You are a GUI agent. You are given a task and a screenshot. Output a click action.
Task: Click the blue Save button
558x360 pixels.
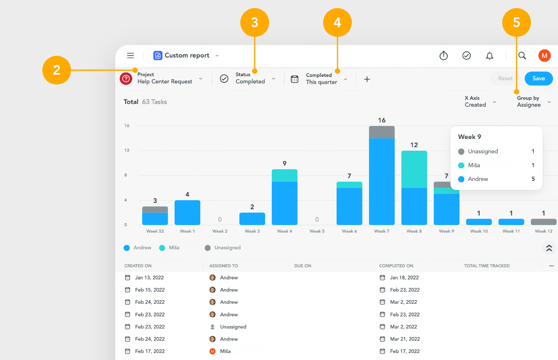coord(539,78)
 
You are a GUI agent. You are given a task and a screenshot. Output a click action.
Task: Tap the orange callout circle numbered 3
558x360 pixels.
coord(255,22)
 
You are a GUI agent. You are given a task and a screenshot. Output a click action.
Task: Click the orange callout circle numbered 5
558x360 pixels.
coord(517,22)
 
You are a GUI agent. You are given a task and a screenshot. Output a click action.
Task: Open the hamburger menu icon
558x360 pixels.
coord(130,55)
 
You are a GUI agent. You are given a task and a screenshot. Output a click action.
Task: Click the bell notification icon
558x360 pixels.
coord(490,55)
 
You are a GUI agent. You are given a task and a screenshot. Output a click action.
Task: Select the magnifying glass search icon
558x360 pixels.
coord(522,55)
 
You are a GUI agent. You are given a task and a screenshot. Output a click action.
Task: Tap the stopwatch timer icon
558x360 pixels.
coord(444,55)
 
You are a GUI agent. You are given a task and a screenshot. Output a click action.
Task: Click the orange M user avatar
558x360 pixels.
coord(544,55)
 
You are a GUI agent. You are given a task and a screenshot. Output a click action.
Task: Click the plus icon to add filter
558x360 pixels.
coord(367,79)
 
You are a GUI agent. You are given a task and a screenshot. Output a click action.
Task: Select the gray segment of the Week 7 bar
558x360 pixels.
coord(382,132)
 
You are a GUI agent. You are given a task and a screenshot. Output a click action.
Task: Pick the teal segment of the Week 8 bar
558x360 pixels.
coord(414,169)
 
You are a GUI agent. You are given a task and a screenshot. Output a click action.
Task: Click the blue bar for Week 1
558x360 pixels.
coord(187,212)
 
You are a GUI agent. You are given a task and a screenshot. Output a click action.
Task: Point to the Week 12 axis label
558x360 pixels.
coord(544,231)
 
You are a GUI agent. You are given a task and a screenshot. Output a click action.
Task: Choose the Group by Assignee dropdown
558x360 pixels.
coord(534,102)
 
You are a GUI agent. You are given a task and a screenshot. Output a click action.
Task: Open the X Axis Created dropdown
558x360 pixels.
coord(480,102)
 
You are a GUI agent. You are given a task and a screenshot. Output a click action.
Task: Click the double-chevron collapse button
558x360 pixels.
coord(549,248)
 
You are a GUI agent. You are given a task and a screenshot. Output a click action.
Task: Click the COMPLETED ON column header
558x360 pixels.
coord(396,266)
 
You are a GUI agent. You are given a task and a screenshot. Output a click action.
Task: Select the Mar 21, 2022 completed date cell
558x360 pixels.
coord(405,339)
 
